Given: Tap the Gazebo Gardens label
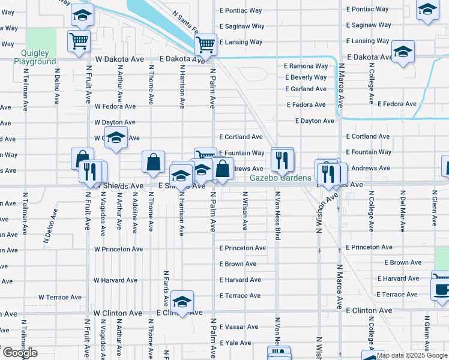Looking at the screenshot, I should point(281,178).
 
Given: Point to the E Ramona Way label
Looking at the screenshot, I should point(306,66).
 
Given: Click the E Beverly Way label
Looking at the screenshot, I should point(306,77).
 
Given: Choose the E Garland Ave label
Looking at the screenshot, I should point(306,89).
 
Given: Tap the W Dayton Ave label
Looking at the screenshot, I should point(115,122).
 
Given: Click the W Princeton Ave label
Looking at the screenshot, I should point(118,249).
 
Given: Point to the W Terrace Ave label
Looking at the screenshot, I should point(60,297).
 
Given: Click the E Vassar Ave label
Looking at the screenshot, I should point(239,327).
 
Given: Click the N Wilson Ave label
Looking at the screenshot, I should point(245,211).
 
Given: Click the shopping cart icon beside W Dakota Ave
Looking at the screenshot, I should point(79,42).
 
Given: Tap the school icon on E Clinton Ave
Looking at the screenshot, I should point(181,301).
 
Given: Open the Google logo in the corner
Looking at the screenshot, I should point(19,353).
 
